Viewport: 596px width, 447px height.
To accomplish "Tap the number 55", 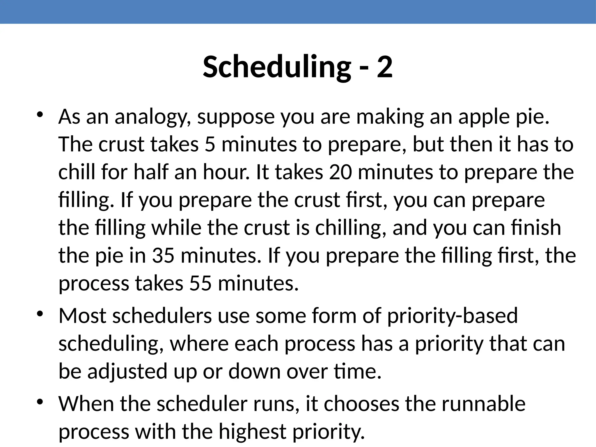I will click(201, 283).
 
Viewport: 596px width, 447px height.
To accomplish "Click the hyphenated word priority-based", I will click(453, 316).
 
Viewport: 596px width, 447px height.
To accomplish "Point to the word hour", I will click(226, 172).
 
